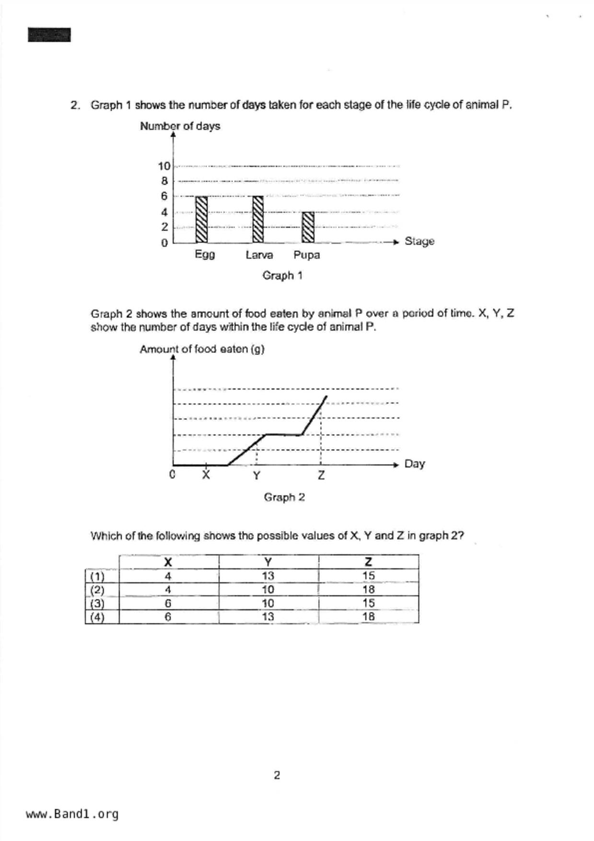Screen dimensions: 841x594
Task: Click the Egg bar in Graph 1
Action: point(201,220)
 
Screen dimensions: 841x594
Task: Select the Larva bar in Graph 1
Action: point(258,220)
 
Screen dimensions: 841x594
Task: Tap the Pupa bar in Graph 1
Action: point(308,227)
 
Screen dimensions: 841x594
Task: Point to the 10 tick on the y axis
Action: point(164,166)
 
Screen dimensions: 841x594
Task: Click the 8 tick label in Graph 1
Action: point(164,181)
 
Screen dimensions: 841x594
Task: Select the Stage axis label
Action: point(419,241)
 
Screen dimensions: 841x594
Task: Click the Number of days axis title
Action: point(180,126)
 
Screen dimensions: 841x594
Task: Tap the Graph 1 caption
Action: point(282,276)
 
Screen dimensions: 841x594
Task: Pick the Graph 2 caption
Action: point(284,497)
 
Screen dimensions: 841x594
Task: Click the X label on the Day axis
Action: point(206,475)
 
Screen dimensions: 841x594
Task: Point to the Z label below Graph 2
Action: point(321,475)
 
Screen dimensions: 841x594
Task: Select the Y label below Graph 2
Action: point(256,476)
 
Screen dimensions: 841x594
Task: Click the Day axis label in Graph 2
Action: point(414,464)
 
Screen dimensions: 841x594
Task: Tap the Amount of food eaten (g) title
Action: point(202,349)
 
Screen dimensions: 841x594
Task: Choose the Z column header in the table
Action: point(368,562)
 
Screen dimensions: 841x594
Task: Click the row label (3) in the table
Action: point(97,603)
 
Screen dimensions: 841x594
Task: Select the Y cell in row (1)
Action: point(268,576)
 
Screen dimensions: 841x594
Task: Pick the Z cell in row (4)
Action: point(368,617)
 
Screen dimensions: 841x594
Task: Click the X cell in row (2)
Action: point(168,589)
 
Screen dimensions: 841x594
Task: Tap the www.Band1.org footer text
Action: point(72,814)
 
